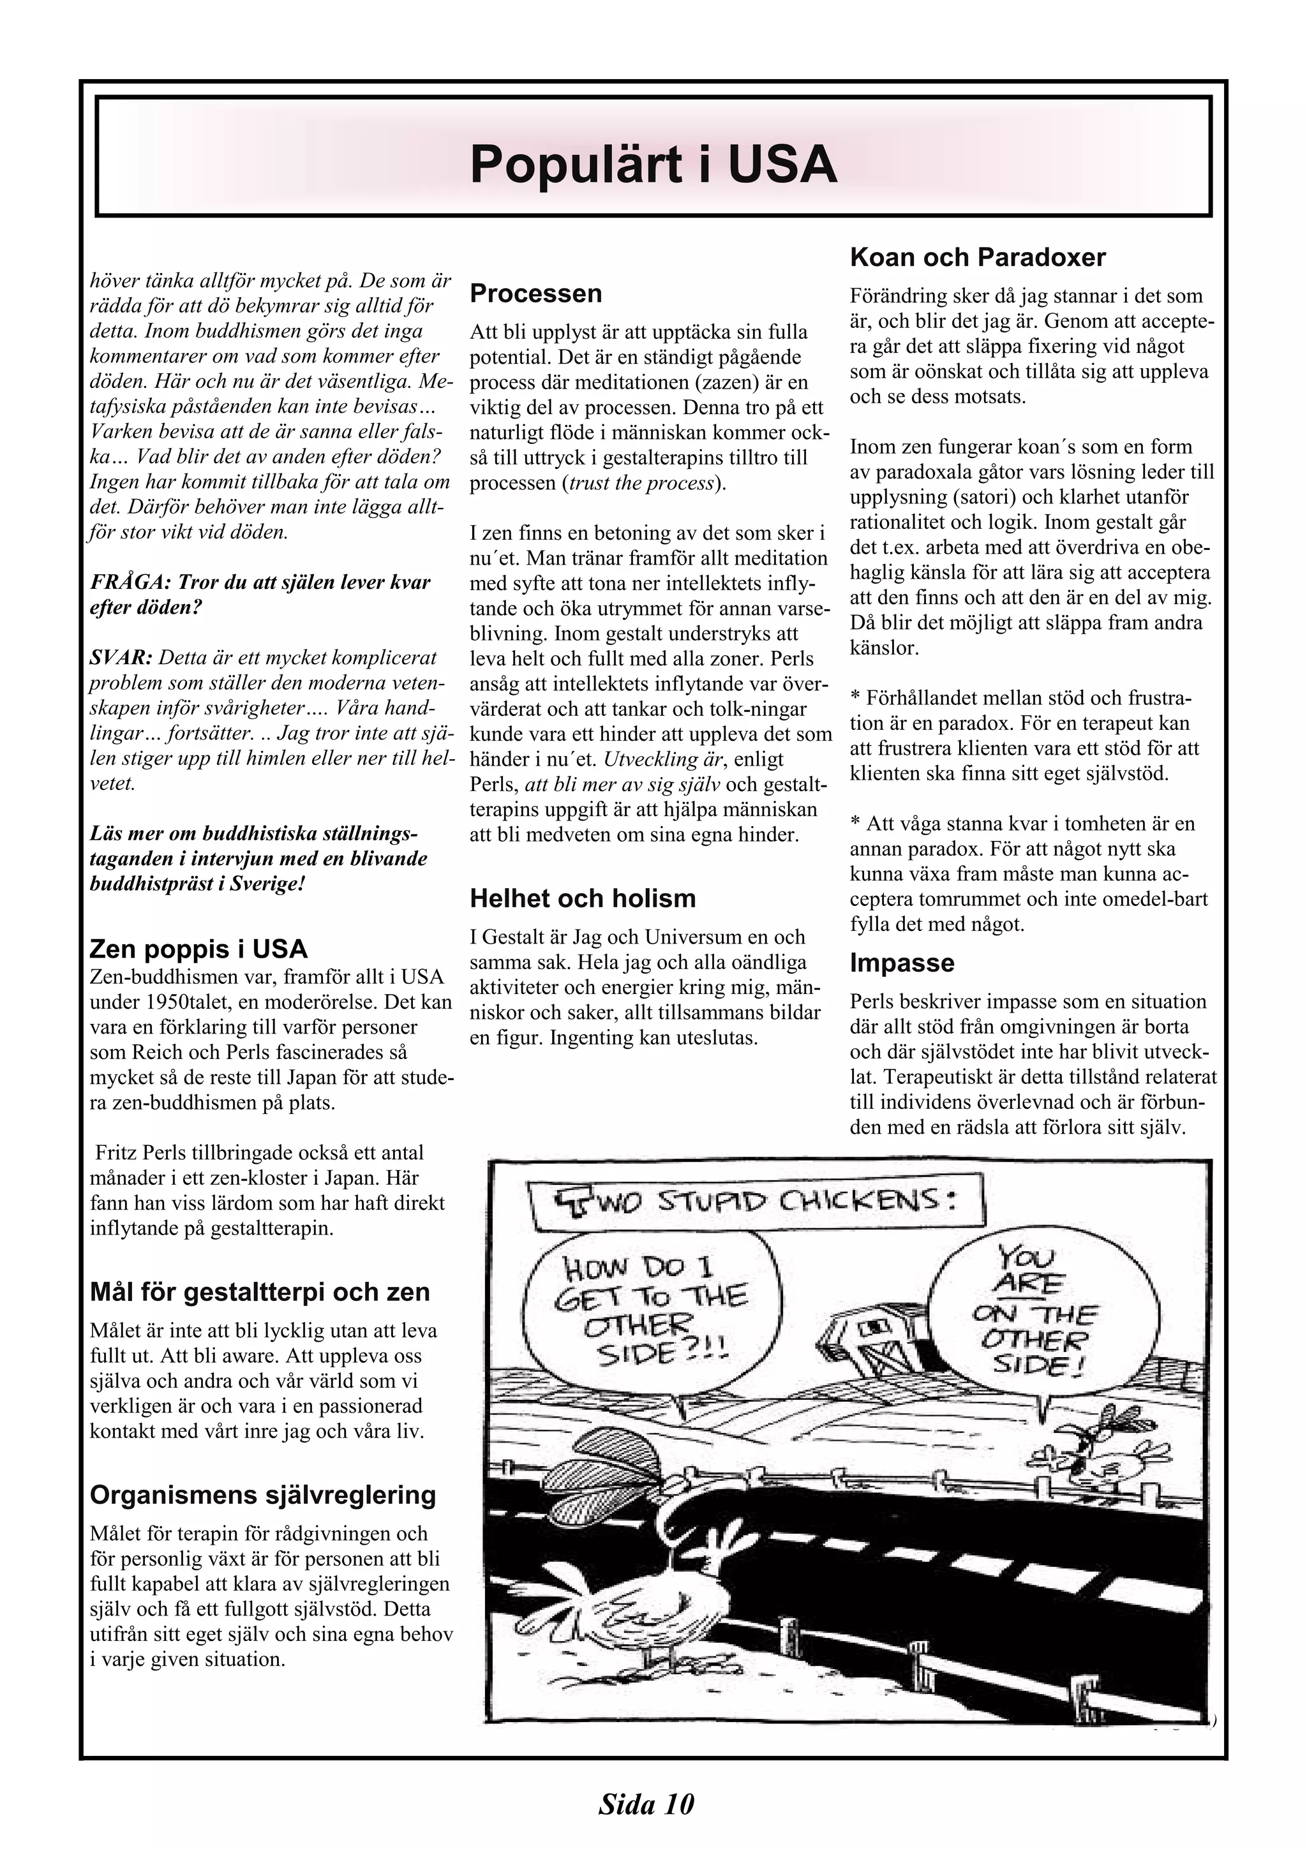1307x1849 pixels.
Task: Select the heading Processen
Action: tap(535, 293)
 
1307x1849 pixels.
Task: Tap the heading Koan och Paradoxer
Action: tap(978, 258)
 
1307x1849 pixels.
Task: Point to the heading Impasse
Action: tap(902, 963)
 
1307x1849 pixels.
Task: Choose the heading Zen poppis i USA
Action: tap(198, 949)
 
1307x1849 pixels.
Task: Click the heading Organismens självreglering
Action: tap(262, 1496)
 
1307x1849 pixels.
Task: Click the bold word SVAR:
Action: tap(121, 657)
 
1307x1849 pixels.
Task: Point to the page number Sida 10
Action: tap(646, 1805)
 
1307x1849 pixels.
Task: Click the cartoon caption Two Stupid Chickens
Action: tap(756, 1206)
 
